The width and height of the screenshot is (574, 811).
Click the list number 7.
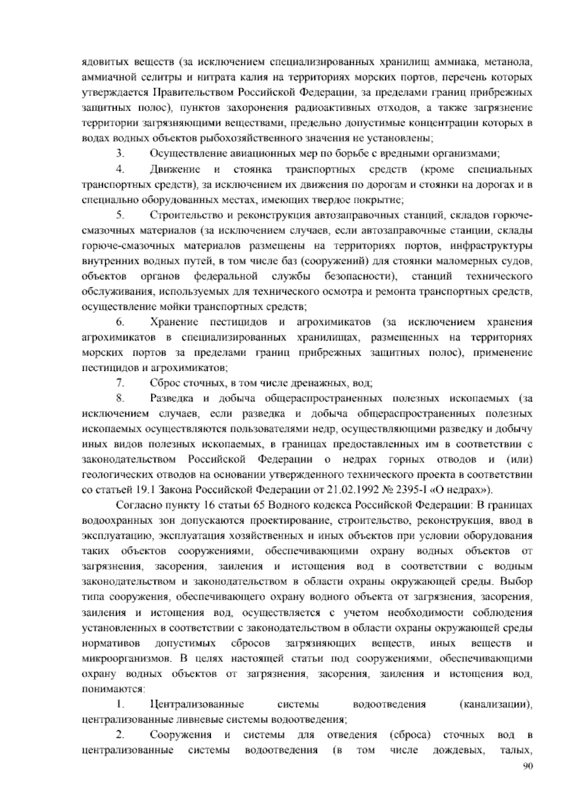click(120, 383)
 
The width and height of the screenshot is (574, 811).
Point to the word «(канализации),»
click(495, 704)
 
